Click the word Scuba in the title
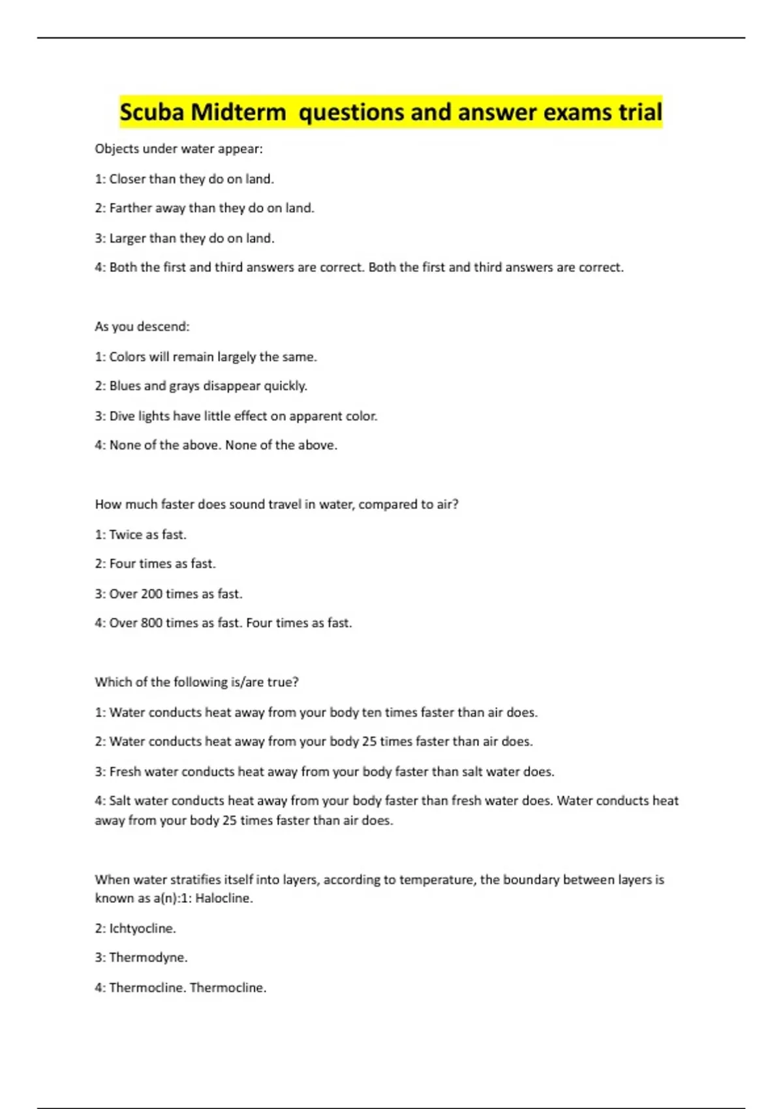tap(151, 112)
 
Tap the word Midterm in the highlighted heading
tap(239, 112)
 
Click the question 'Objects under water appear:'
tap(179, 149)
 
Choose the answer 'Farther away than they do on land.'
tap(205, 208)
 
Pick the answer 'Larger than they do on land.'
tap(185, 238)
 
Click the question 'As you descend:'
tap(142, 326)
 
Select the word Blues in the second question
tap(125, 386)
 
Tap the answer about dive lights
tap(236, 416)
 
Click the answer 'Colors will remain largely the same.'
tap(206, 357)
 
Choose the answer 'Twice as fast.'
tap(141, 534)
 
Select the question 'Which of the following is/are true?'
tap(196, 682)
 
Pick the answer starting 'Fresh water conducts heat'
tap(325, 772)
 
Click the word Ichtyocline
tap(142, 928)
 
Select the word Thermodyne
tap(148, 958)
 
